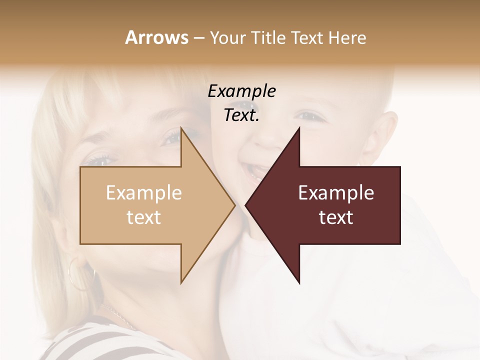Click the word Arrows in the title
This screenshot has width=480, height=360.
[x=156, y=37]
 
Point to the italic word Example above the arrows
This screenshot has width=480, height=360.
[x=241, y=91]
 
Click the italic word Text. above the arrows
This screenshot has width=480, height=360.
[x=241, y=115]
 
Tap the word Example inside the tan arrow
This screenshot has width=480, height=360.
[x=143, y=193]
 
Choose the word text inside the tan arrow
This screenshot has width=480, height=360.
[x=143, y=217]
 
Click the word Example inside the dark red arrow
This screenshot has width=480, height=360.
[x=336, y=193]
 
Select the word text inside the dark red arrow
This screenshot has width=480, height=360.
[x=336, y=217]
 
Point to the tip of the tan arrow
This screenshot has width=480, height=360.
[x=235, y=205]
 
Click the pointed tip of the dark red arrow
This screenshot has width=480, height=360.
[x=245, y=205]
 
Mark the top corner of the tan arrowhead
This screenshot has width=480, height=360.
[x=181, y=127]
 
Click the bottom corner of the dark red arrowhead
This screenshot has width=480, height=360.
[x=299, y=283]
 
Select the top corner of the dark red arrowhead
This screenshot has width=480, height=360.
[x=299, y=127]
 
